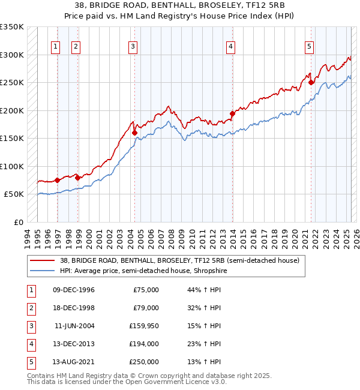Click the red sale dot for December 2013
(x=232, y=113)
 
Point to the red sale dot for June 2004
(x=135, y=133)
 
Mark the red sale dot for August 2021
(x=311, y=82)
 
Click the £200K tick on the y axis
(x=12, y=110)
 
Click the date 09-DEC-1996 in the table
(x=74, y=290)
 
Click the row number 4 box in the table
(x=30, y=344)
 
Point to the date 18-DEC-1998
(x=74, y=308)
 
